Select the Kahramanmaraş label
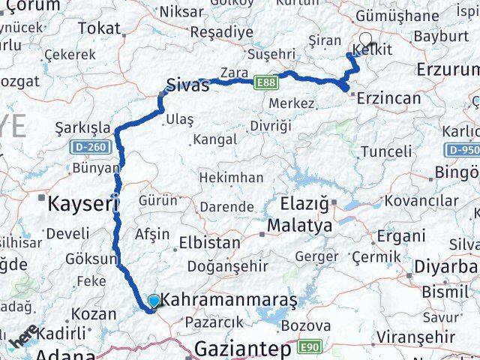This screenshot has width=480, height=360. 229,300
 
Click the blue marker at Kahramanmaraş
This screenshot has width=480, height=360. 154,301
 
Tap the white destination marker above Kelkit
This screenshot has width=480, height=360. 365,40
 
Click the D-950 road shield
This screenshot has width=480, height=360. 463,150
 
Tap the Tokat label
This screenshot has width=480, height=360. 98,28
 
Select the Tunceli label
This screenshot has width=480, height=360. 386,151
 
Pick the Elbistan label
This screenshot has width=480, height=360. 209,243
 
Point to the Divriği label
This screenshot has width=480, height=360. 270,124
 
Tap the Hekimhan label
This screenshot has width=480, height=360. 231,178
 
